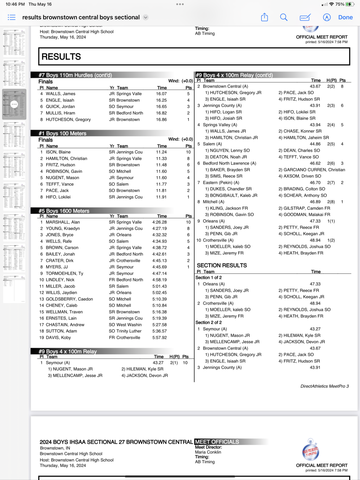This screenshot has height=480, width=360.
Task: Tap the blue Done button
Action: coord(345,17)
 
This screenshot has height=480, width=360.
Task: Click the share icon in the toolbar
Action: coord(265,17)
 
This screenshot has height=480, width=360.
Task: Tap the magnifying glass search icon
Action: coord(284,17)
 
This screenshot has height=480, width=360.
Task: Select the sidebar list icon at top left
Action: coord(12,17)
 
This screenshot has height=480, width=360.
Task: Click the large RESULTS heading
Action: coord(61,57)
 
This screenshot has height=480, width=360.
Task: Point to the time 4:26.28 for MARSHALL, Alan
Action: coord(160,222)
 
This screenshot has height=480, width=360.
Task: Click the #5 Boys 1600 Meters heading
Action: coord(64,211)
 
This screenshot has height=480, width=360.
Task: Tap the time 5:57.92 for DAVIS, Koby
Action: coord(160,337)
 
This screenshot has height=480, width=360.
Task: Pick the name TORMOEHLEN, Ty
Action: coord(64,273)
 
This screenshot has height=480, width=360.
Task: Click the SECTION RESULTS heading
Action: coord(222,265)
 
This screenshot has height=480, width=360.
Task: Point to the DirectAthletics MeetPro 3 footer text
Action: coord(324,386)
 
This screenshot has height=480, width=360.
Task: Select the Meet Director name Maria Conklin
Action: coord(208,452)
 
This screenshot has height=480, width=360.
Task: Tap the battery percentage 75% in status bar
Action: coord(340,4)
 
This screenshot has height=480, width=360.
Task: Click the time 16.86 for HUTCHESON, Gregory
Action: coord(161,120)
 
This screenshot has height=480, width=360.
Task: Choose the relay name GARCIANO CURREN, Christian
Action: coord(314,170)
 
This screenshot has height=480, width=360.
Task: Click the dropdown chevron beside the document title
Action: coord(145,17)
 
